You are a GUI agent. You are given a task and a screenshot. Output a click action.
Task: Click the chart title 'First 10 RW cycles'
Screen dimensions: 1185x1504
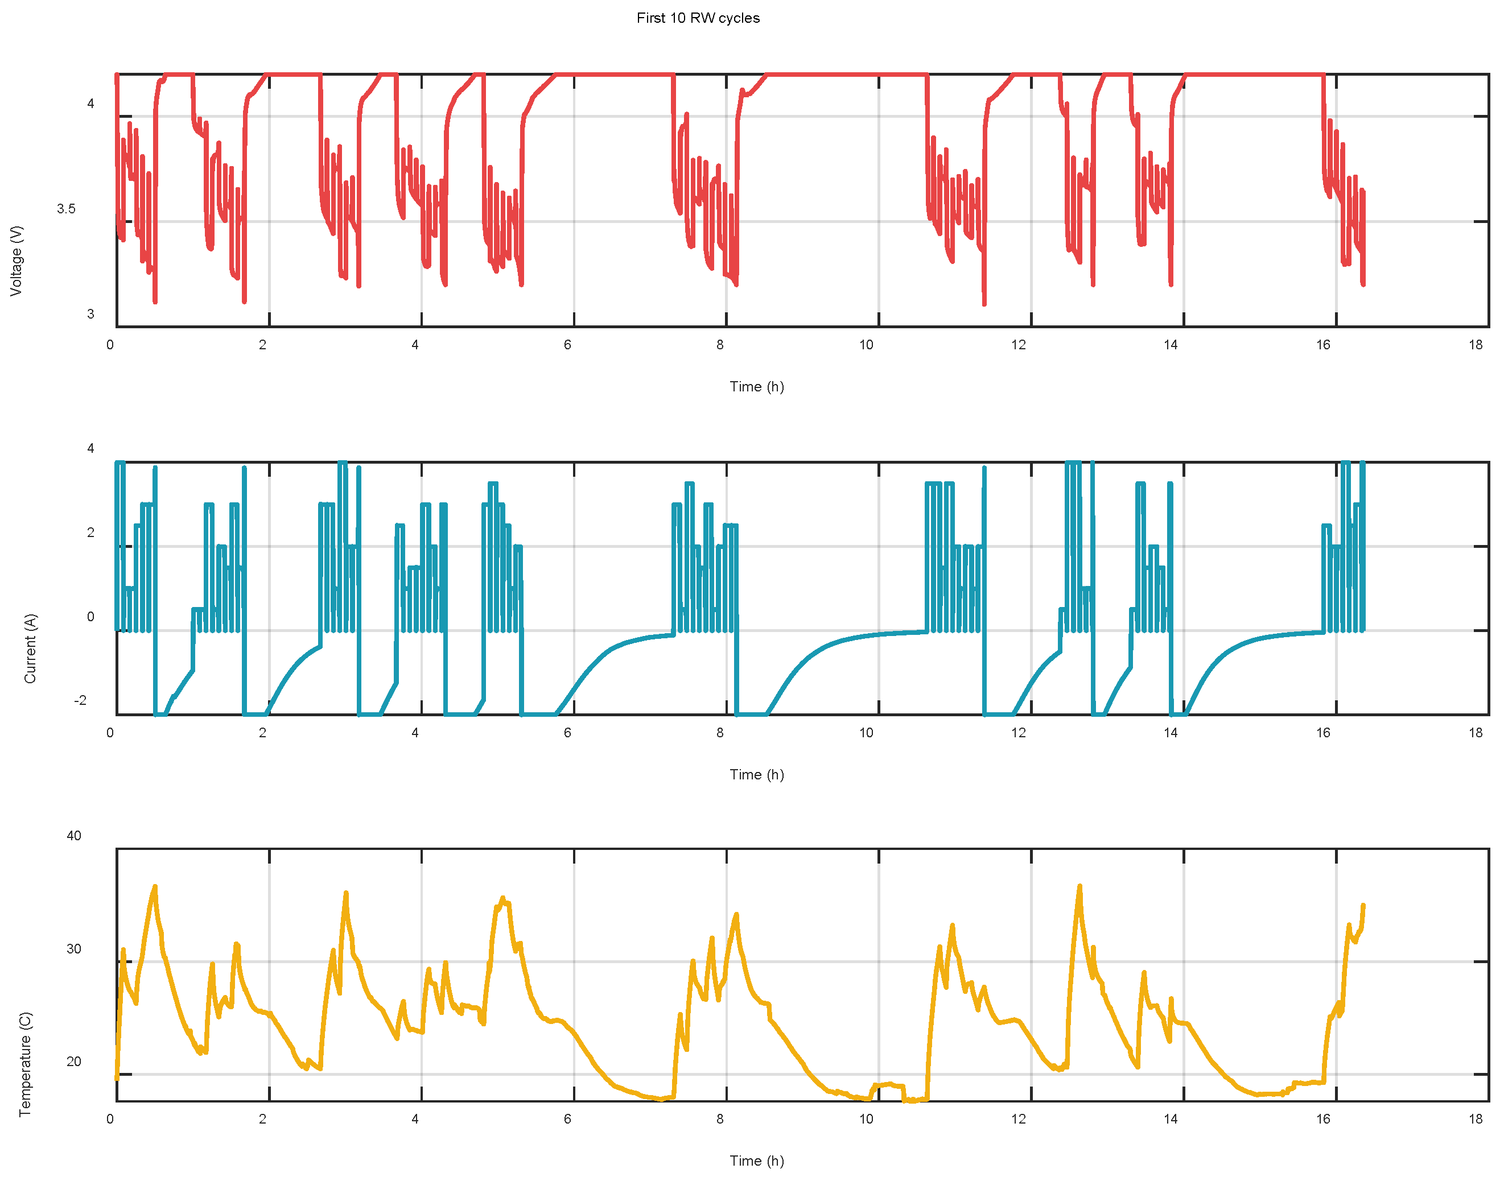click(698, 18)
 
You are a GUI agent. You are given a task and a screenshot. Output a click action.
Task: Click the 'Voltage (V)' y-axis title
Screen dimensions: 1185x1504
click(17, 261)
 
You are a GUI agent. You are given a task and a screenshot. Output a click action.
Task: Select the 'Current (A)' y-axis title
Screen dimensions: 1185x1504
click(30, 648)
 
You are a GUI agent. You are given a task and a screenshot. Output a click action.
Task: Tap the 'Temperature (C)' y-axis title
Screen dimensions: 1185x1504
click(26, 1064)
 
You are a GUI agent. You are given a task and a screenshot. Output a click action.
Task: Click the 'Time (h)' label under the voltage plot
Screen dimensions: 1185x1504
click(756, 386)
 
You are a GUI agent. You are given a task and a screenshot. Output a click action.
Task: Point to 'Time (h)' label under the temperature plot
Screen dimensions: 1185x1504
click(756, 1161)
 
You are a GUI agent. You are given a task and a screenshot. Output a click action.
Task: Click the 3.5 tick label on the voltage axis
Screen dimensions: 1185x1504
click(66, 209)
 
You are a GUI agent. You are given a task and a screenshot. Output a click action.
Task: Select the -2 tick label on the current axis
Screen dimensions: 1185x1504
click(80, 700)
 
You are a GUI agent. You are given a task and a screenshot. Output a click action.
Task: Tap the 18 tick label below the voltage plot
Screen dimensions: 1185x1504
click(1476, 345)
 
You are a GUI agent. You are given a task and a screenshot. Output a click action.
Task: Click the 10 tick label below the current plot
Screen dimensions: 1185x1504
click(866, 733)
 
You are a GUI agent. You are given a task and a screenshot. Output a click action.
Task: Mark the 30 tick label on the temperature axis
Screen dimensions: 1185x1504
click(73, 948)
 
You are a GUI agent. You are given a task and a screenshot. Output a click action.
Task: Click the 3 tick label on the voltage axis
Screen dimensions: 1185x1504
click(90, 314)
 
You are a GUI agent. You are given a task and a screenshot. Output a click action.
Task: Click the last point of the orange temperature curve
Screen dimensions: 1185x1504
click(1363, 906)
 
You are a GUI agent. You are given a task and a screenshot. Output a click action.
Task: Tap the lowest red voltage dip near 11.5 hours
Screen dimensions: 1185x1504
click(984, 304)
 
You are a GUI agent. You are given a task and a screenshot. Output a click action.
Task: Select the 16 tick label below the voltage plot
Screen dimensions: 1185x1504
click(1323, 345)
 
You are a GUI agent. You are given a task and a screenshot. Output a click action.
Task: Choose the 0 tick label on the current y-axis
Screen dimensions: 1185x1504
click(90, 617)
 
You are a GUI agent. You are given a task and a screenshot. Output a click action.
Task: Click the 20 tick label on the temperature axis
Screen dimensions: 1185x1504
click(73, 1062)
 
